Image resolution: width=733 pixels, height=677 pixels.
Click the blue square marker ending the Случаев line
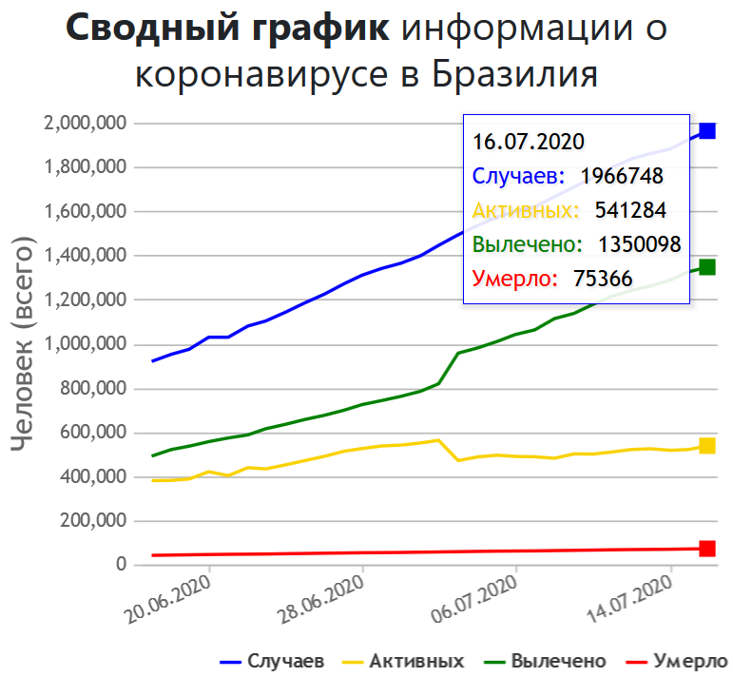coord(707,131)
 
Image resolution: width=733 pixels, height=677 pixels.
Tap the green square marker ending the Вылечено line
coord(707,267)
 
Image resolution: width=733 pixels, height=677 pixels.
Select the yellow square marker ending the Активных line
coord(707,445)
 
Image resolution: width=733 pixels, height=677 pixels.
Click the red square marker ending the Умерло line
coord(707,549)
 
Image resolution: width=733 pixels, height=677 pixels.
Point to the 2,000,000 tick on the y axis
coord(86,124)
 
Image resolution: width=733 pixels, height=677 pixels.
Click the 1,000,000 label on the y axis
coord(86,344)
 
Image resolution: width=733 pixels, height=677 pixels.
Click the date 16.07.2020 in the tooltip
coord(527,143)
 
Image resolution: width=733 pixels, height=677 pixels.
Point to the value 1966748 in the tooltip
coord(622,176)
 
